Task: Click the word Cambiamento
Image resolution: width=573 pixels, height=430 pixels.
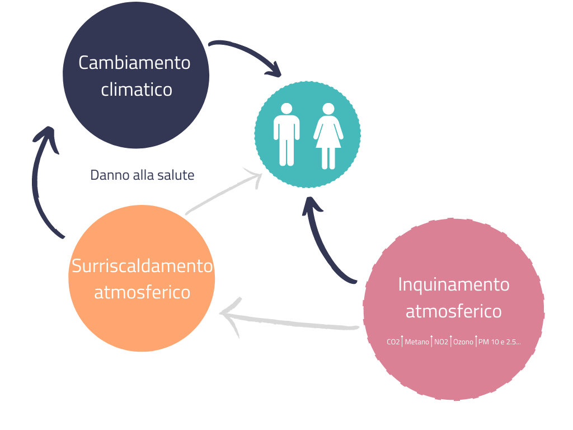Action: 134,63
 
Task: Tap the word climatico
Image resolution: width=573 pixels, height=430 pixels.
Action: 137,90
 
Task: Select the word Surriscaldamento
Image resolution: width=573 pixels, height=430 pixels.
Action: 142,265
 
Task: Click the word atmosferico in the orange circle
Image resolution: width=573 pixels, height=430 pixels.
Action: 142,292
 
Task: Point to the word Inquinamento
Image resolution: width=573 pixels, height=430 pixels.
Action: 454,284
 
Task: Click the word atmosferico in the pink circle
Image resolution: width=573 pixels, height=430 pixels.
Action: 453,311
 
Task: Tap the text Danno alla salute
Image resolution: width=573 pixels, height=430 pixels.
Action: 142,175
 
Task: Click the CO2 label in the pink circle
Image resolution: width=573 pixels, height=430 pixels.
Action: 393,342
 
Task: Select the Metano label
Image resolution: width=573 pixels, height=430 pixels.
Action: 417,342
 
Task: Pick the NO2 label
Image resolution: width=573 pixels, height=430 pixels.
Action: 441,342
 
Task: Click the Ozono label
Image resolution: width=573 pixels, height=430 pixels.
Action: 463,342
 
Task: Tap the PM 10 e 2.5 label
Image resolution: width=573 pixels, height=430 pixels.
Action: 499,342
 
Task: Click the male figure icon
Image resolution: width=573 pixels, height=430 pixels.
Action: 286,134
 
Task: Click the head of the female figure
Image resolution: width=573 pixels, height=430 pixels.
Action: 328,109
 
